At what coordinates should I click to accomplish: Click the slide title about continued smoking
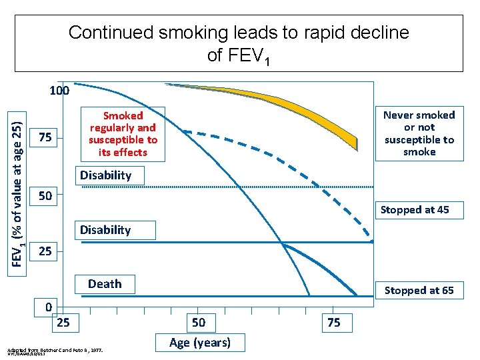pos(239,43)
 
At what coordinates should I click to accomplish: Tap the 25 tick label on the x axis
pos(63,323)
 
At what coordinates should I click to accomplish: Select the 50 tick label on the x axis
pos(198,323)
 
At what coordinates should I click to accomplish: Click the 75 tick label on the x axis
pos(334,323)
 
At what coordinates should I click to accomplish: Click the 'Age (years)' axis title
pos(200,343)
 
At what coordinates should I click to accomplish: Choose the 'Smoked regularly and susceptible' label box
pos(123,133)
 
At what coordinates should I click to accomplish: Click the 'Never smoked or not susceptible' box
pos(419,133)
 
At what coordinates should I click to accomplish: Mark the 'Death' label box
pos(105,284)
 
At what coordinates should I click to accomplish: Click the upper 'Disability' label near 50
pos(105,175)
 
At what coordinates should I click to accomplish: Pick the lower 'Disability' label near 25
pos(105,230)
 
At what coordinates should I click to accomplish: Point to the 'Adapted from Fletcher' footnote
pos(53,350)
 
